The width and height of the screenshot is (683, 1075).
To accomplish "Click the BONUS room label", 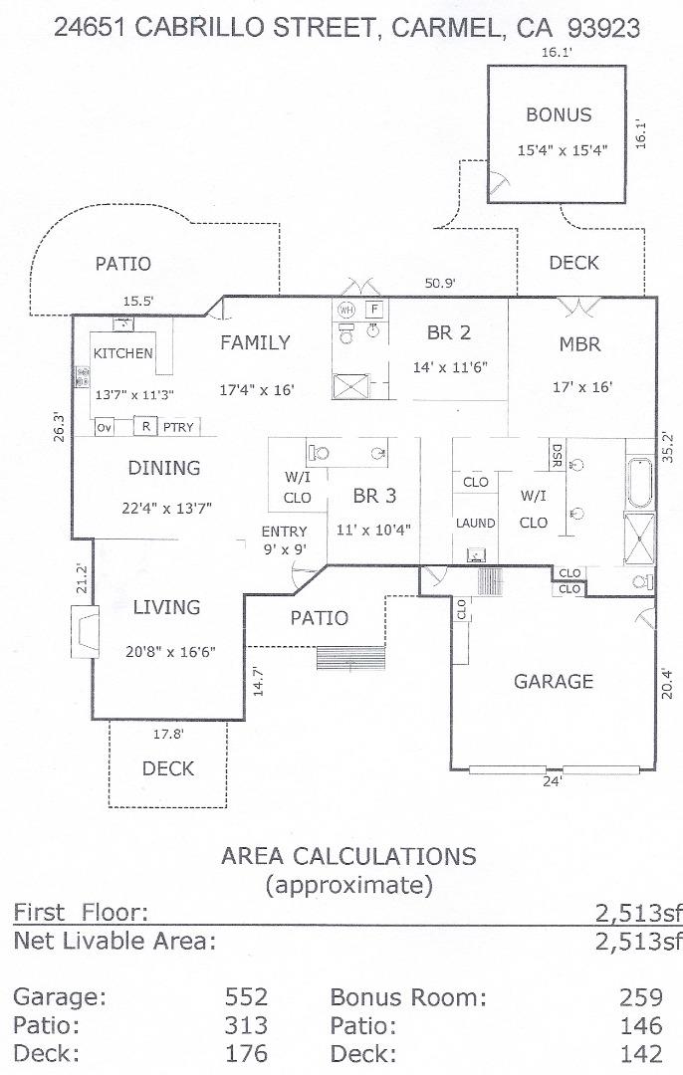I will [558, 114].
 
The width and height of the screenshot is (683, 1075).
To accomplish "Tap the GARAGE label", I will [553, 682].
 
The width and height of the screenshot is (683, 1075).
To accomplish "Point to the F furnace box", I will [374, 309].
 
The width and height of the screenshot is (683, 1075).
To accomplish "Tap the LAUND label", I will [476, 524].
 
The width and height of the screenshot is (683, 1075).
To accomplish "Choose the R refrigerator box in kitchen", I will [145, 427].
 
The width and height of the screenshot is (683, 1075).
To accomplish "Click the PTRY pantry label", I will [178, 428].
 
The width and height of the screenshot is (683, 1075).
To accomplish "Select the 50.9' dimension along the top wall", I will [440, 284].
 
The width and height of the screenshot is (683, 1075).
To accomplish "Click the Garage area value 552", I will [247, 997].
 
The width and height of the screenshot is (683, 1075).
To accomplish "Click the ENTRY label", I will [284, 532].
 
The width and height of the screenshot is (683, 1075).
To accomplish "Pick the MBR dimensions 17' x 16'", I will [582, 387].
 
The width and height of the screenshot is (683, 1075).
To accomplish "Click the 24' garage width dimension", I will [552, 781].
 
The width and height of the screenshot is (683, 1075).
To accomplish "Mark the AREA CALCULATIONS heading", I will [348, 856].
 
